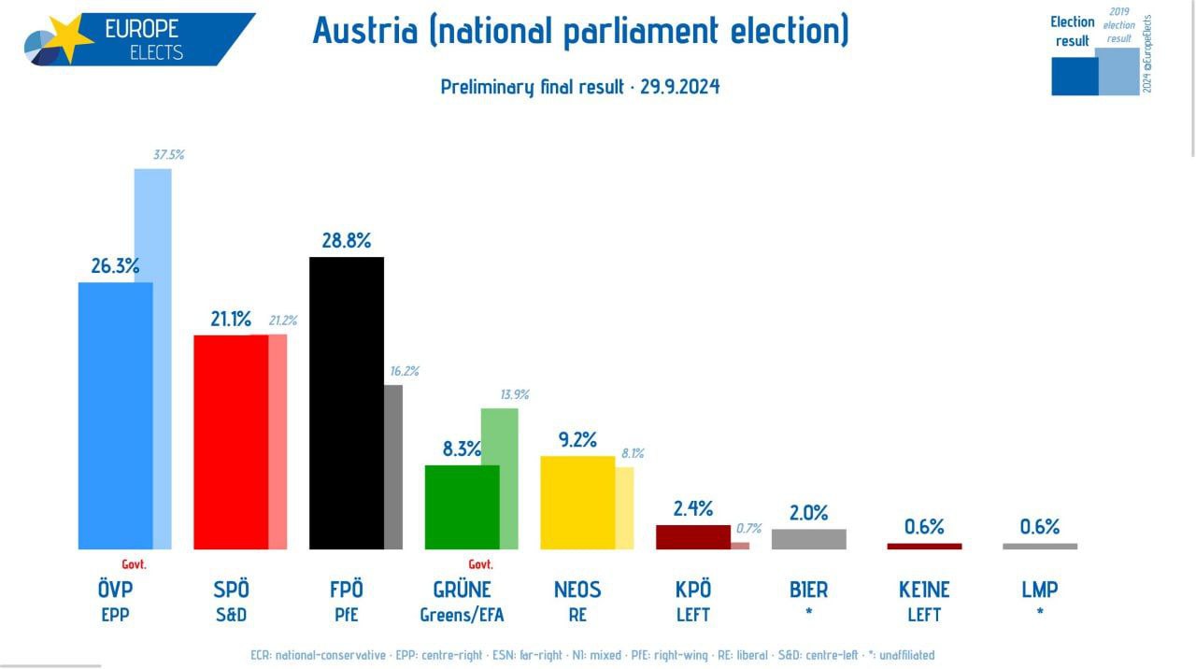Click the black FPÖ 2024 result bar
(x=347, y=403)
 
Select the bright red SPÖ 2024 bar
(x=231, y=442)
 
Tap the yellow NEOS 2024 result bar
(x=578, y=503)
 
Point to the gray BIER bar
(x=809, y=539)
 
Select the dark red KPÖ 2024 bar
(x=693, y=537)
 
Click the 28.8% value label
(x=347, y=241)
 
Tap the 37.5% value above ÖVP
(x=168, y=155)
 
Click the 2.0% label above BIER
(x=809, y=513)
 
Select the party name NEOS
(x=577, y=590)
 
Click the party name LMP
(x=1040, y=590)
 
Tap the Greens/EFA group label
(x=462, y=615)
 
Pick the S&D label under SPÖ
(x=231, y=615)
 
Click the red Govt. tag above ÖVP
(x=135, y=564)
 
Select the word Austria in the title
(x=365, y=31)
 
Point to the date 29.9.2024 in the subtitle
(x=679, y=87)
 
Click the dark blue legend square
(x=1075, y=77)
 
